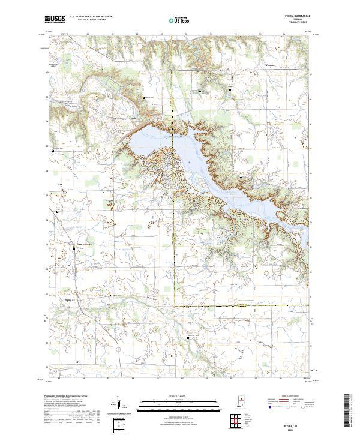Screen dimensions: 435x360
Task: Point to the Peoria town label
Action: coord(134,118)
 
